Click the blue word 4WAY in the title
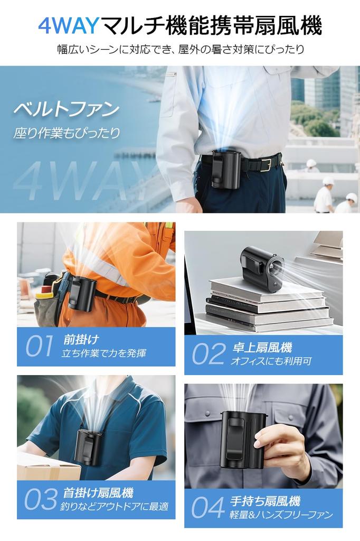(68, 25)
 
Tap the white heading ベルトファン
(66, 110)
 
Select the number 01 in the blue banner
(39, 347)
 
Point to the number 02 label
(209, 355)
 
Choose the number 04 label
(207, 507)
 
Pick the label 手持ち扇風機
(265, 501)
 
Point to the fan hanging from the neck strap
(89, 447)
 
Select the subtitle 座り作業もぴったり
(67, 133)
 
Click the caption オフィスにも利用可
(271, 361)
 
